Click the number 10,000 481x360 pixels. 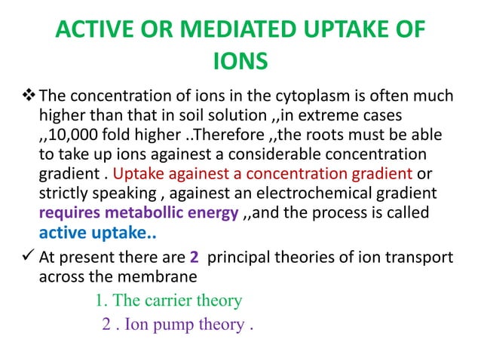[78, 136]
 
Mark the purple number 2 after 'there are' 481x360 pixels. [195, 258]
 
